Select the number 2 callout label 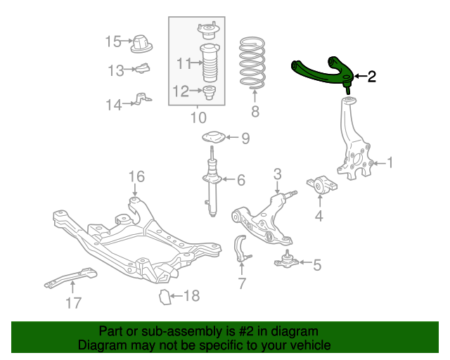(371, 76)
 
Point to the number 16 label (136, 176)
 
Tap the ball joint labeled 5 (285, 260)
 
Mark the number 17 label (73, 303)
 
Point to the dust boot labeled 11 (208, 64)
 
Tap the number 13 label (116, 70)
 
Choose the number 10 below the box (198, 116)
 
